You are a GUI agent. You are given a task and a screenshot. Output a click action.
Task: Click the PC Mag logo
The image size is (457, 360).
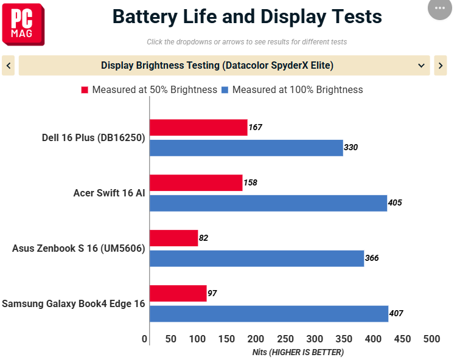click(x=23, y=24)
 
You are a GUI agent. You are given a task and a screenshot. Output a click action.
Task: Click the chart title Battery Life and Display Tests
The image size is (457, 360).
click(x=247, y=16)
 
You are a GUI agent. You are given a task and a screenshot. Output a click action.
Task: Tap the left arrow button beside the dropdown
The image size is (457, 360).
click(x=8, y=65)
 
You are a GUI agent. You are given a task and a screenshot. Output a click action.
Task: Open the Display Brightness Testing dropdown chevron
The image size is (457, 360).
click(x=421, y=65)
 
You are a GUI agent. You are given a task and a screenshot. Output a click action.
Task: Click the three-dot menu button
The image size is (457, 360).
click(x=440, y=8)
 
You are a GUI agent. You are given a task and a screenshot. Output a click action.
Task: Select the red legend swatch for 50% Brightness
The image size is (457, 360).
click(x=85, y=90)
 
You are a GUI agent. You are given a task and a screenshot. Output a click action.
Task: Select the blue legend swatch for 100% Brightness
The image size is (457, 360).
click(x=225, y=90)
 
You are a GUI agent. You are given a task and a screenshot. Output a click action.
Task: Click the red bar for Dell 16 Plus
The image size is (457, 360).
click(x=198, y=128)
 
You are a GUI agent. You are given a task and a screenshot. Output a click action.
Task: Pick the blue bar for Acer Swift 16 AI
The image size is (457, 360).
click(x=268, y=203)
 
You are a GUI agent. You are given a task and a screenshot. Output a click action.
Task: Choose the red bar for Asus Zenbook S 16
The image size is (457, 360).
click(x=173, y=238)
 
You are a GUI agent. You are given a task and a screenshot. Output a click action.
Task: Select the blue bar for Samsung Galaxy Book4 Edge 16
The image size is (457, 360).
click(x=269, y=314)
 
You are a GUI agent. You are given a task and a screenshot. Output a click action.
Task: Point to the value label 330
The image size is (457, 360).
click(x=351, y=148)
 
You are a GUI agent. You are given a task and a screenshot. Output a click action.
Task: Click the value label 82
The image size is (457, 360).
click(x=203, y=238)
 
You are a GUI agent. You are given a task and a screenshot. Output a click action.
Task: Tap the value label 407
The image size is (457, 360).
click(x=396, y=314)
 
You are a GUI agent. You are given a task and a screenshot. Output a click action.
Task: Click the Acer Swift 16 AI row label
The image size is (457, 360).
click(x=109, y=193)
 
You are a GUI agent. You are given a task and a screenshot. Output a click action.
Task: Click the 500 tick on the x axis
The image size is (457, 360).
click(x=431, y=339)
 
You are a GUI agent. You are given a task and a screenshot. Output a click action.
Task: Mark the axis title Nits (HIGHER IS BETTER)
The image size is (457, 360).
click(x=298, y=352)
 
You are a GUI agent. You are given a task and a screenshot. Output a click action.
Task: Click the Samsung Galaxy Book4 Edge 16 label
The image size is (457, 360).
click(x=74, y=303)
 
